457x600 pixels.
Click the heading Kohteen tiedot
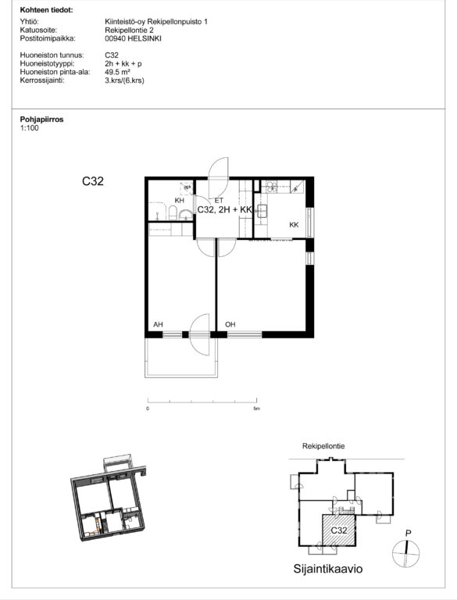[46, 10]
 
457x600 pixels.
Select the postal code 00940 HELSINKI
[134, 38]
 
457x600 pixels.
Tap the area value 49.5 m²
[118, 72]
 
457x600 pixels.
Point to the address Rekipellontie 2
[130, 30]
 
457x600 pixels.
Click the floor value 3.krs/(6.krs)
[124, 80]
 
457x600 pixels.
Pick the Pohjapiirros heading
[41, 120]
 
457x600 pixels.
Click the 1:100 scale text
[30, 128]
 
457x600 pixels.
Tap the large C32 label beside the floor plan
[93, 181]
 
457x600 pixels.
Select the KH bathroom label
[179, 201]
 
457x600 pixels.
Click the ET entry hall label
[219, 201]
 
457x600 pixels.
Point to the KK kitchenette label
[294, 225]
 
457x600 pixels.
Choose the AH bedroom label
[158, 324]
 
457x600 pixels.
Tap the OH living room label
[230, 324]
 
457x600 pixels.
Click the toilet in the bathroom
[173, 212]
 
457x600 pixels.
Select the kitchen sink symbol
[262, 211]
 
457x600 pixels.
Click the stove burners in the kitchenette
[272, 187]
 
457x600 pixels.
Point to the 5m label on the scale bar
[256, 409]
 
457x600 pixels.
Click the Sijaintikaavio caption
[328, 569]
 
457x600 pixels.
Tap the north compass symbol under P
[405, 553]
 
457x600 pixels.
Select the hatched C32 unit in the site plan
[339, 530]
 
